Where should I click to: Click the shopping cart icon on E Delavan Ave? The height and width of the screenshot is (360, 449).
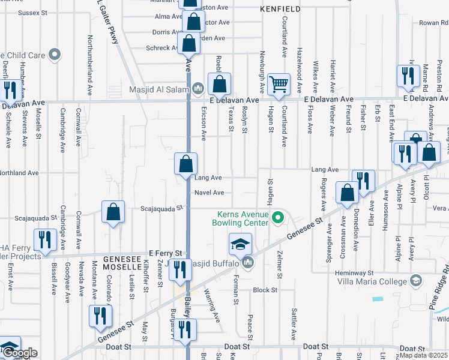(279, 86)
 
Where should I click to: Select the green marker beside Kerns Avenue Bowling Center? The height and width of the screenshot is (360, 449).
(277, 218)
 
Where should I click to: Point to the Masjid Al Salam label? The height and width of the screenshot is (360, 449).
(160, 90)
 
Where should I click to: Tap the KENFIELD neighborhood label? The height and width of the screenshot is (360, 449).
(280, 9)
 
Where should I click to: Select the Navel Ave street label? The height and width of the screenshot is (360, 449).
(209, 193)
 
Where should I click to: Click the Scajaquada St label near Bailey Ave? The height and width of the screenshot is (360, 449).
(161, 209)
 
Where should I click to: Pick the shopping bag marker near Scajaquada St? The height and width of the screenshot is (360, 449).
(113, 212)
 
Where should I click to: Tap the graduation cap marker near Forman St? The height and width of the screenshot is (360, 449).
(240, 245)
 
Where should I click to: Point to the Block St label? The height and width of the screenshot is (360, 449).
(265, 290)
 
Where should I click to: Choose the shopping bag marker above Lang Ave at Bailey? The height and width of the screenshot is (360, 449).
(186, 164)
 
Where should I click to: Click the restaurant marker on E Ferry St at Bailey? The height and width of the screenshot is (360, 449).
(179, 270)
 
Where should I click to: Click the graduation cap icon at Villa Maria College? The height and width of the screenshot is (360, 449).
(416, 281)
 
